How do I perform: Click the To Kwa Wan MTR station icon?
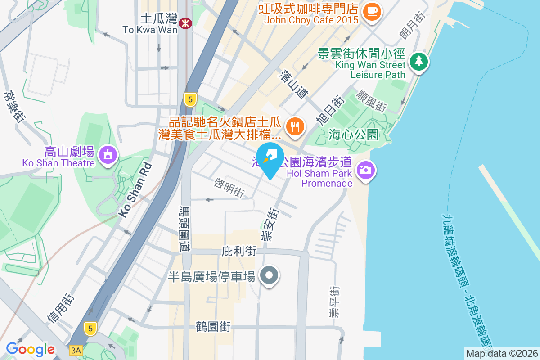coord(184,23)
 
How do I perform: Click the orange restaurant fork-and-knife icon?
coord(295,126)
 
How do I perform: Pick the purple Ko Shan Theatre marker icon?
coord(108,155)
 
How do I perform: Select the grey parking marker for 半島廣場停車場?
coord(269,275)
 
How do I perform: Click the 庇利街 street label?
coord(239,252)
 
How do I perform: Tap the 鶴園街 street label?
coord(213,327)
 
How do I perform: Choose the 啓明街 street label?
coord(229,188)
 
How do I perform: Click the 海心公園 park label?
coord(353,135)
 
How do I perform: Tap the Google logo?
coord(30,349)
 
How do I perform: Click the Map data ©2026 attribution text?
coord(502,353)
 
